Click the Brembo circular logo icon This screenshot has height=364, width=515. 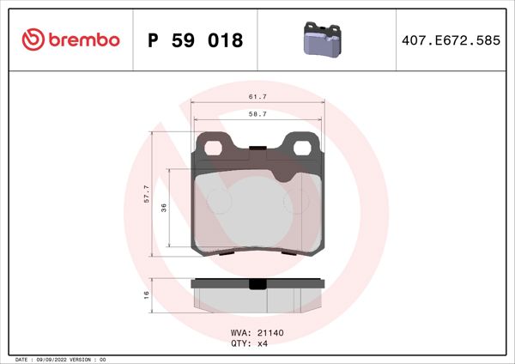tap(31, 39)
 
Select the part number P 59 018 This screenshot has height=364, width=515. tap(196, 40)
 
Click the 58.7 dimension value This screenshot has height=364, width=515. tap(257, 113)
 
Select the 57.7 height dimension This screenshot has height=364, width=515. tap(147, 193)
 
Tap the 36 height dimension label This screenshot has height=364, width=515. tap(163, 207)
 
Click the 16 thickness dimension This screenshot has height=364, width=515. tap(147, 294)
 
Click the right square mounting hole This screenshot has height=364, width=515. tap(302, 147)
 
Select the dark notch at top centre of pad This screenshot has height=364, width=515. tap(257, 153)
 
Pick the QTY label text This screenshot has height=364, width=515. tap(239, 343)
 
